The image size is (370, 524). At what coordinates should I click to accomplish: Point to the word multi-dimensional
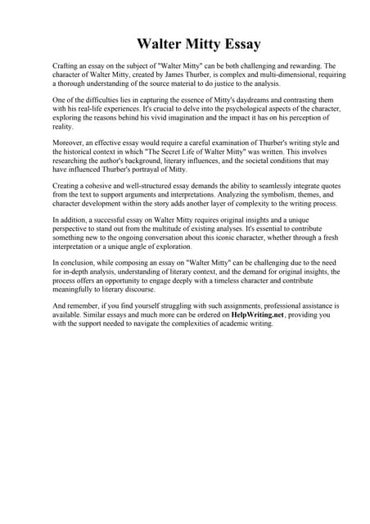[x=271, y=74]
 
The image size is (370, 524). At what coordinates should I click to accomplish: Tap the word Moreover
[x=70, y=143]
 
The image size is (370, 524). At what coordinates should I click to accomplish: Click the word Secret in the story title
[x=188, y=152]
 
